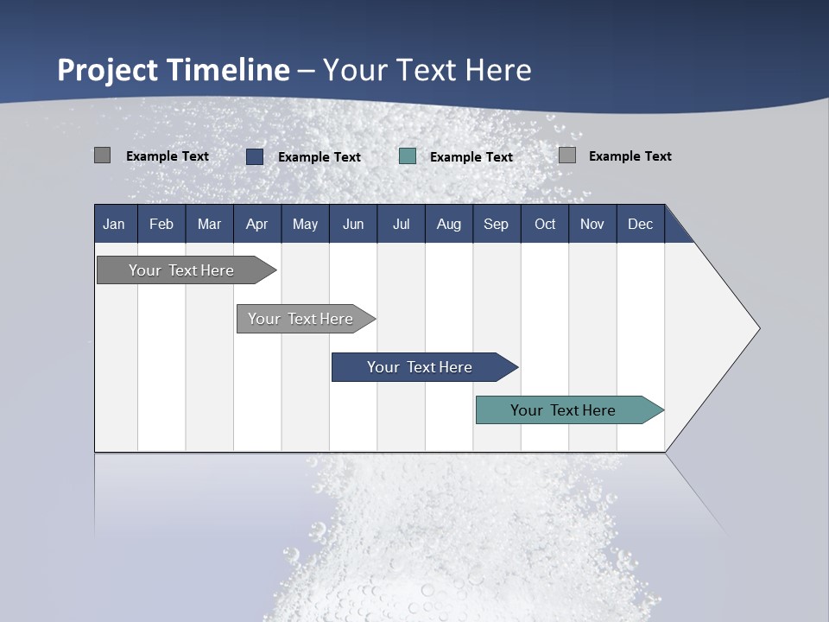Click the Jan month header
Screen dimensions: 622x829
[x=114, y=224]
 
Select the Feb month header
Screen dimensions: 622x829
[x=161, y=224]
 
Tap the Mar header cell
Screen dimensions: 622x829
[x=209, y=224]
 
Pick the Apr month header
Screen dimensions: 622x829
[x=256, y=224]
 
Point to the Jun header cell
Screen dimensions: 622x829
[x=353, y=224]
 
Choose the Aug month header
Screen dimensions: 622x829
[x=448, y=224]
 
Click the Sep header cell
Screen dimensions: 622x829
[x=496, y=224]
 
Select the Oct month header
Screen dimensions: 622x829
[x=545, y=224]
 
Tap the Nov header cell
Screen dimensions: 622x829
[x=592, y=224]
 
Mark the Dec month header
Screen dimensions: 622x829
[x=640, y=224]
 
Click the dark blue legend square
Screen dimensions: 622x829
[x=255, y=156]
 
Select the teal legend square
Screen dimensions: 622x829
[x=408, y=156]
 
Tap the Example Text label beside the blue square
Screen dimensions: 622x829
[x=319, y=157]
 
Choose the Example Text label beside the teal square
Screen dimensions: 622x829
[x=471, y=157]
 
